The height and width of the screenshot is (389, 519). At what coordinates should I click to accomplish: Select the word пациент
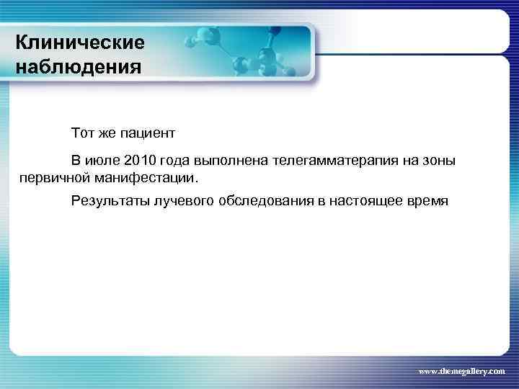pyautogui.click(x=147, y=133)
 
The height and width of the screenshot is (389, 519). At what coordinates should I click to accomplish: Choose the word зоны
pyautogui.click(x=438, y=160)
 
